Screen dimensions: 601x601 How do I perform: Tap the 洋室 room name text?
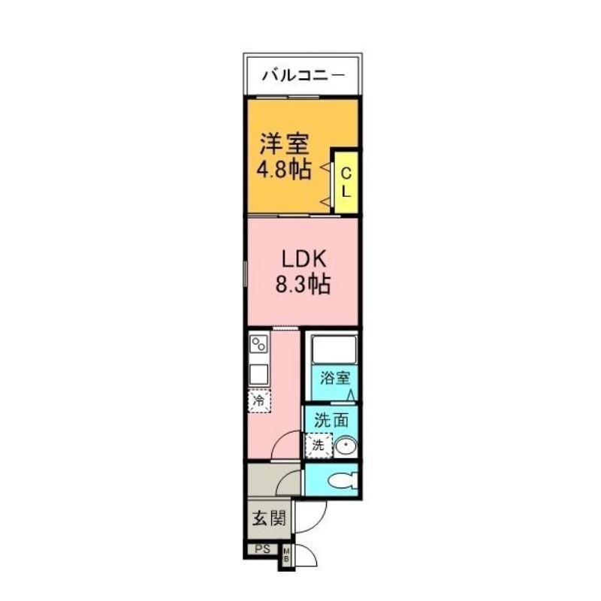285,143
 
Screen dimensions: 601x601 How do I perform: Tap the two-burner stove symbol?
259,345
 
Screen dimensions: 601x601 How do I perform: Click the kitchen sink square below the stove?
259,373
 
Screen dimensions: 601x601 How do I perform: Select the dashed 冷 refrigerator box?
259,401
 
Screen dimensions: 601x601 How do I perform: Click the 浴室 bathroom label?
331,379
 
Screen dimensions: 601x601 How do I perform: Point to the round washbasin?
345,445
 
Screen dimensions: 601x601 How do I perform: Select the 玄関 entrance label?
267,518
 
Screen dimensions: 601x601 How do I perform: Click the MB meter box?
286,557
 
